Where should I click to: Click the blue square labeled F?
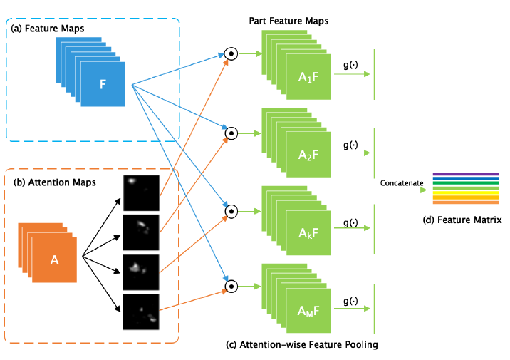103,84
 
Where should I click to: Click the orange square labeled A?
55,260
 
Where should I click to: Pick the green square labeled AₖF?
309,233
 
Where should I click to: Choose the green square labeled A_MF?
309,311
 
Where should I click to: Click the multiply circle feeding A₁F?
230,53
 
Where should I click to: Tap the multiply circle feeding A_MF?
230,287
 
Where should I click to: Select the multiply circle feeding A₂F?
230,132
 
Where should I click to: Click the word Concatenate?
402,183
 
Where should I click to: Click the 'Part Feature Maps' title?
288,21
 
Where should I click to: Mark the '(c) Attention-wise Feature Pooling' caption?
301,345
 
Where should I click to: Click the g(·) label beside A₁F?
351,66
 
